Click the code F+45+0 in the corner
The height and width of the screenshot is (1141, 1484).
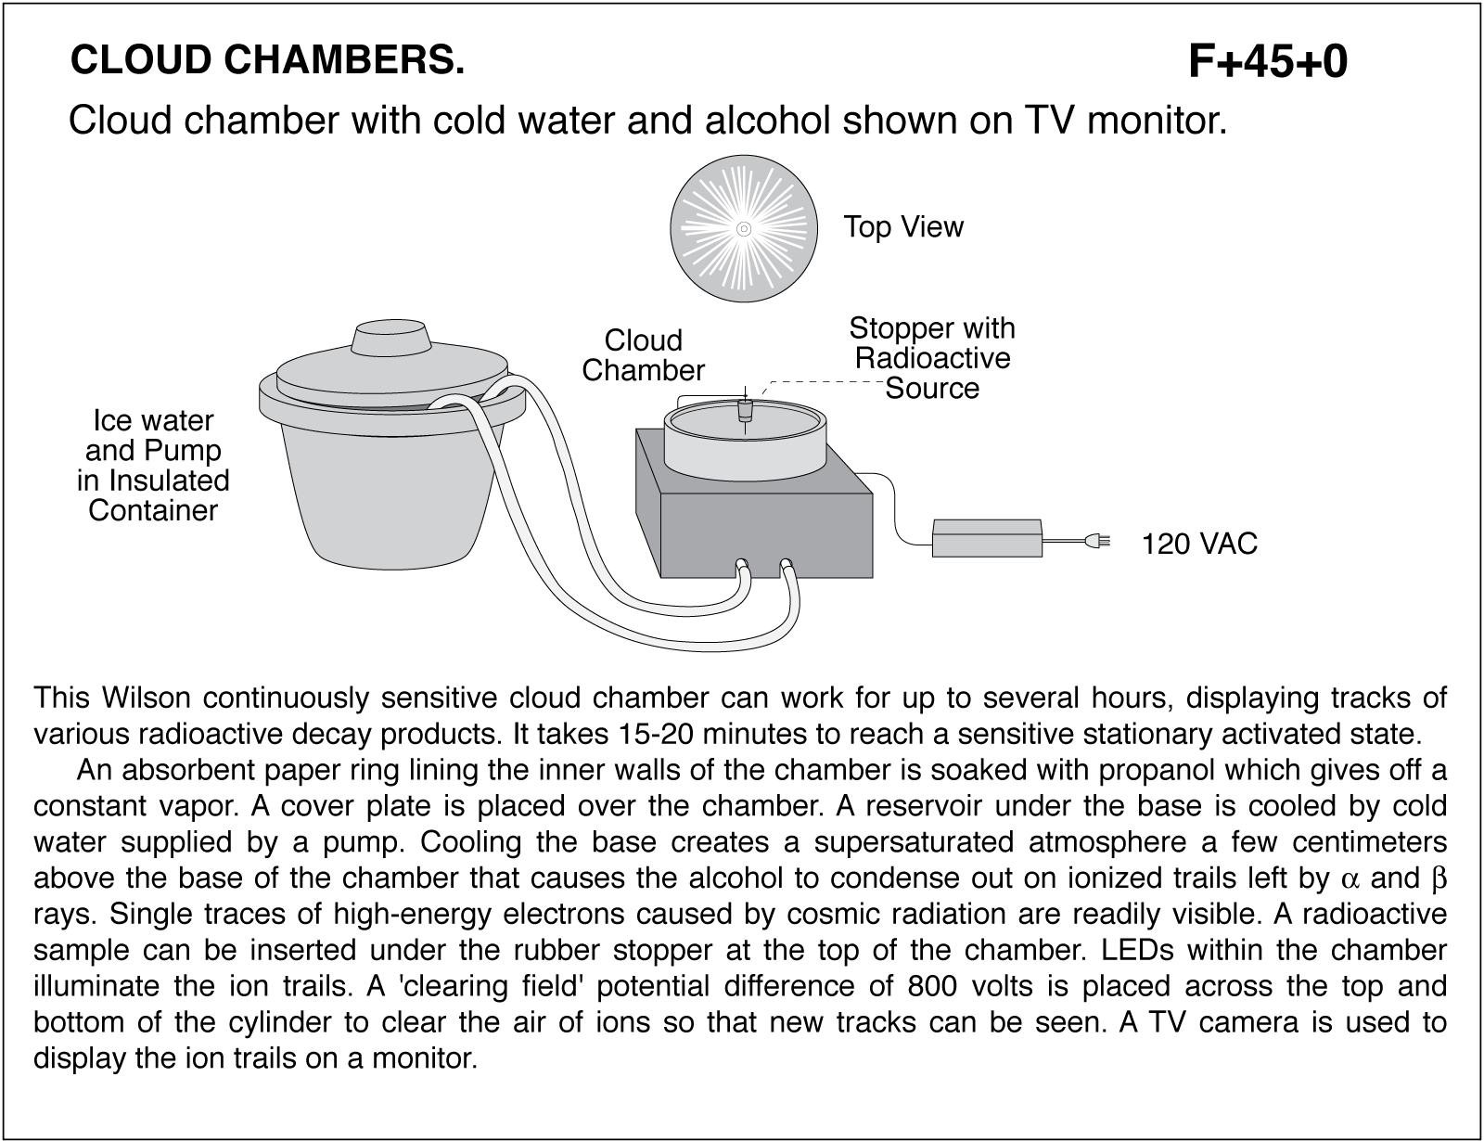[x=1267, y=63]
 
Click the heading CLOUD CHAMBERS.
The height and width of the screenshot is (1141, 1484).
[x=267, y=60]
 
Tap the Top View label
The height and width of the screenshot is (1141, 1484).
[x=902, y=227]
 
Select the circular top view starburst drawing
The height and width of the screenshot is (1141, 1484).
[x=743, y=229]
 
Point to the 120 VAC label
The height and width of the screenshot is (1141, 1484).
[x=1198, y=544]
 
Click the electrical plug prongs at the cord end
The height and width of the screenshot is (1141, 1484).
[x=1101, y=543]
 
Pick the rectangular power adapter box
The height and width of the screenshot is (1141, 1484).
[x=986, y=538]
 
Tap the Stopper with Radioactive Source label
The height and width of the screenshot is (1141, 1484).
[x=931, y=358]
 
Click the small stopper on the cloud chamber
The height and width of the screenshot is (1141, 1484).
[x=744, y=411]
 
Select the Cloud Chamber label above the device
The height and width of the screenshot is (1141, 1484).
[x=643, y=355]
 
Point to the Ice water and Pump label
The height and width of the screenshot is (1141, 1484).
[x=153, y=466]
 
